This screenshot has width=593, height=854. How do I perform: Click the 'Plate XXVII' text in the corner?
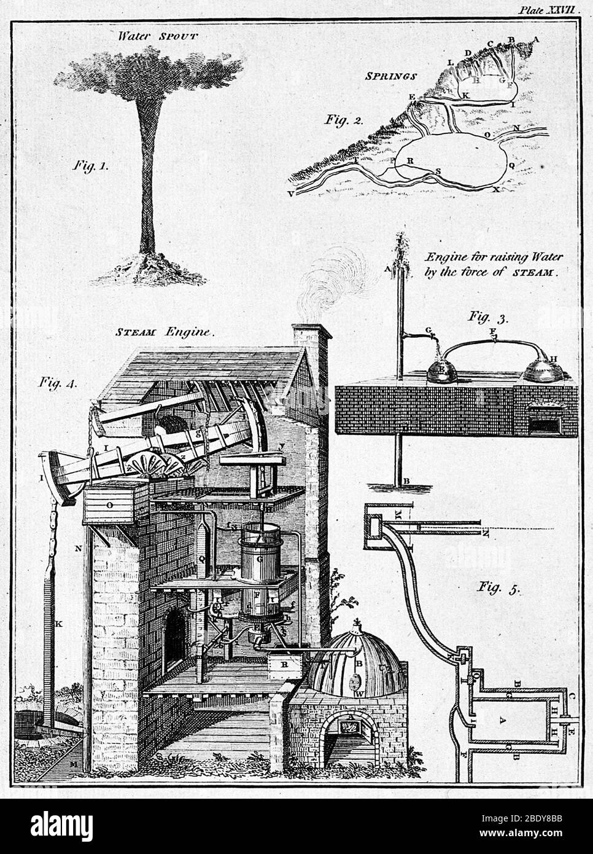pyautogui.click(x=552, y=10)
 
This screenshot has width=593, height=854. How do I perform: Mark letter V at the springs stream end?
pyautogui.click(x=290, y=194)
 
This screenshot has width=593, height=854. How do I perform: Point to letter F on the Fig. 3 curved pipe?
pyautogui.click(x=492, y=332)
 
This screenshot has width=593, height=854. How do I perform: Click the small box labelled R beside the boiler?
pyautogui.click(x=284, y=664)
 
